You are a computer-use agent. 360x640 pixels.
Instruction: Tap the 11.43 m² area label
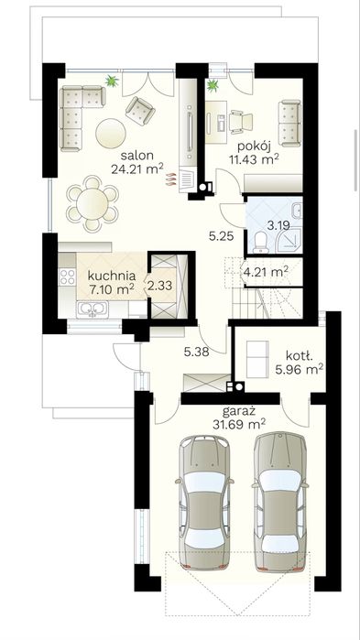tap(253, 159)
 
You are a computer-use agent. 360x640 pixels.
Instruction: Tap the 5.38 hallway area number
tap(196, 352)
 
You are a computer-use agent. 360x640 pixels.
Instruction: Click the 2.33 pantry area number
tap(160, 286)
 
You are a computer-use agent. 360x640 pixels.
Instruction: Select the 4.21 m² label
tap(266, 271)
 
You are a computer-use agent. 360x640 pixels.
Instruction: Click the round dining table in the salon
tap(93, 203)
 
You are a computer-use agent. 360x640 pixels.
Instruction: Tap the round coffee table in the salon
tap(111, 133)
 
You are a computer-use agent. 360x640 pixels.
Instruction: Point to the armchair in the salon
tap(140, 111)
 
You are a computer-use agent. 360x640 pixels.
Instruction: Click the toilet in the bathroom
tap(259, 241)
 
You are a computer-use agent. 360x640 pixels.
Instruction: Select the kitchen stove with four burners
tap(68, 277)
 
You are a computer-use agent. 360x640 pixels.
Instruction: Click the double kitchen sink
tap(93, 309)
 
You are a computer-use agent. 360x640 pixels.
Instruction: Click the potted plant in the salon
tap(112, 81)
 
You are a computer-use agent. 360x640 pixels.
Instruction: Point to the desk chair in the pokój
tap(241, 122)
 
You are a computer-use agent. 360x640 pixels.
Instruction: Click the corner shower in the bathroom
tap(289, 239)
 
